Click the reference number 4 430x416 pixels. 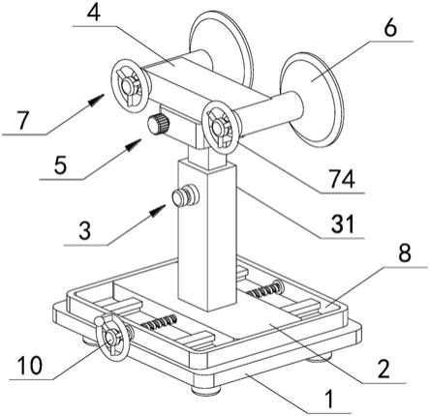click(x=93, y=12)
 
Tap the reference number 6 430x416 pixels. click(x=390, y=28)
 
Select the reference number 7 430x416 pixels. click(x=23, y=121)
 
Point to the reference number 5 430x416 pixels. click(x=60, y=165)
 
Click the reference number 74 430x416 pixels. click(x=342, y=179)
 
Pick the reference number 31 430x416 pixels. click(x=343, y=224)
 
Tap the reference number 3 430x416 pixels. click(x=84, y=231)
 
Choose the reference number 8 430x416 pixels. click(x=405, y=253)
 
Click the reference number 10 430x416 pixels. click(x=30, y=366)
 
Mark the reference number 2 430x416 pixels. click(x=384, y=369)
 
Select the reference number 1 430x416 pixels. click(x=329, y=399)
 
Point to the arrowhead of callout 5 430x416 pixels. click(x=133, y=144)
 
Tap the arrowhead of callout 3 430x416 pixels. click(x=158, y=210)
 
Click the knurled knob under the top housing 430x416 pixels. click(x=159, y=124)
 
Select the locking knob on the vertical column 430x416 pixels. click(x=185, y=195)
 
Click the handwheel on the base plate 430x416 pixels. click(x=112, y=339)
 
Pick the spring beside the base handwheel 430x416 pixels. click(x=159, y=322)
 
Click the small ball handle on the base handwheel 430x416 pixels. click(x=100, y=321)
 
